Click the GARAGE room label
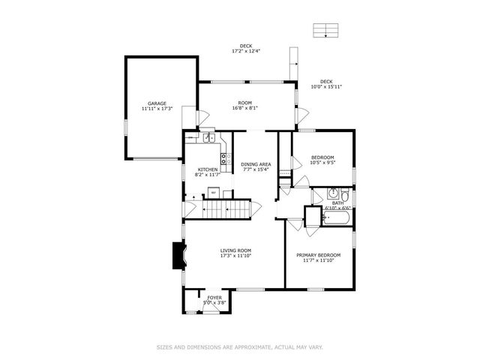click(157, 103)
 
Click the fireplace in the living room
click(177, 255)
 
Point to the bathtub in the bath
click(337, 219)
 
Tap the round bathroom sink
click(334, 193)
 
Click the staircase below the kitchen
click(229, 209)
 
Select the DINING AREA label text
click(256, 163)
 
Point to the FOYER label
click(215, 298)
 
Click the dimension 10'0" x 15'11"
click(326, 87)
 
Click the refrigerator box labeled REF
click(213, 193)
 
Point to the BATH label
click(337, 202)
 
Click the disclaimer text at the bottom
click(240, 347)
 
